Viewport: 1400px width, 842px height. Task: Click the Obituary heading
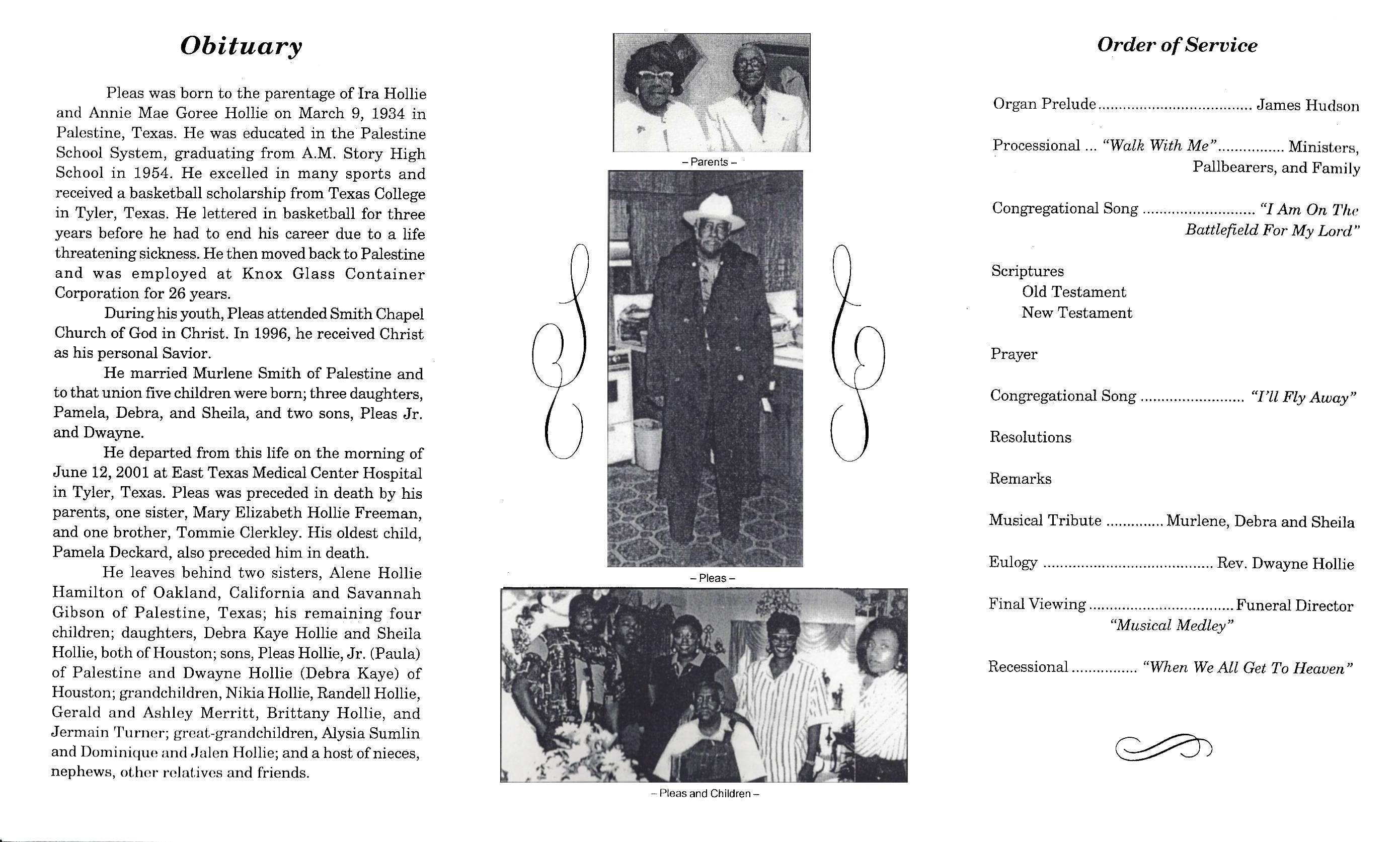tap(241, 46)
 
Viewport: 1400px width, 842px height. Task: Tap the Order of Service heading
tap(1177, 45)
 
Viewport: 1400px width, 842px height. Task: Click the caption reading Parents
tap(709, 162)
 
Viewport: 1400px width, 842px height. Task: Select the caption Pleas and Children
tap(705, 793)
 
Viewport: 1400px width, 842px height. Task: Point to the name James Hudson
tap(1307, 106)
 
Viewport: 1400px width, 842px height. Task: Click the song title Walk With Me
tap(1159, 146)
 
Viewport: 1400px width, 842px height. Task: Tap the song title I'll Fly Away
tap(1303, 397)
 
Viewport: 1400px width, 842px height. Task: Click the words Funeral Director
tap(1294, 606)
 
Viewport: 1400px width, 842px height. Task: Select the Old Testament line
tap(1074, 292)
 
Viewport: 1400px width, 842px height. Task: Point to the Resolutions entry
tap(1030, 437)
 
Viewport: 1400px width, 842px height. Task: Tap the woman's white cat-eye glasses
tap(655, 74)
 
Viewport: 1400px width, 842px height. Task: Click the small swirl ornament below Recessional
tap(1163, 748)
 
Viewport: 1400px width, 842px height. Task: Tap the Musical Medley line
tap(1172, 626)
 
